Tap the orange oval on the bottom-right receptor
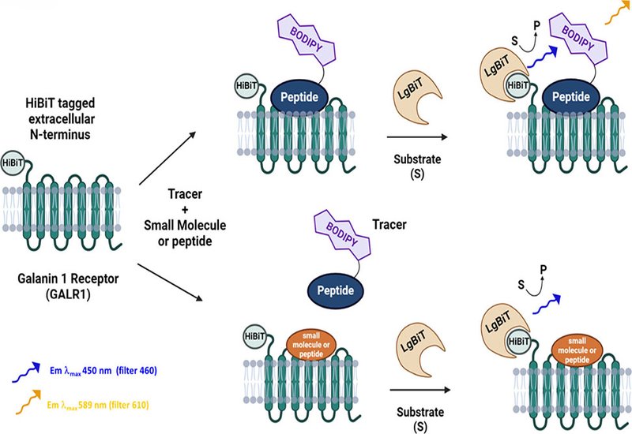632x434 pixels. point(571,346)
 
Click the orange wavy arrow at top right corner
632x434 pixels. point(611,15)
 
